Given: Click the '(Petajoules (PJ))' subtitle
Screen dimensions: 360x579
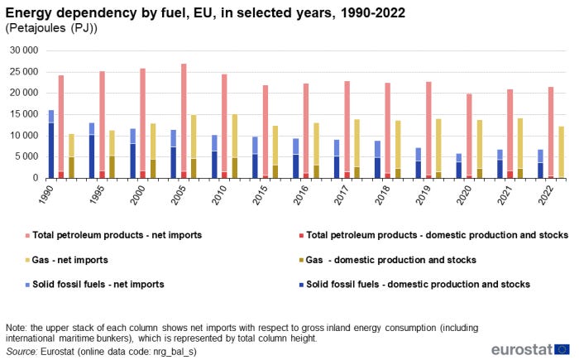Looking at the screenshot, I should coord(51,28).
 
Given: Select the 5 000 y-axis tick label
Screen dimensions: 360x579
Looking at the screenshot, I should coord(25,156).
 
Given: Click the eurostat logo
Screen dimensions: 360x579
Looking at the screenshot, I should coord(529,348).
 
